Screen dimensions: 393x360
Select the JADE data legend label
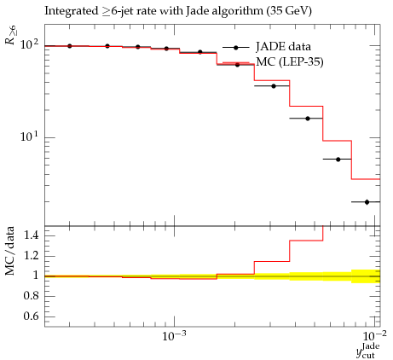283,47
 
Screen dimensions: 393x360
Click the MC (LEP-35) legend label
290,61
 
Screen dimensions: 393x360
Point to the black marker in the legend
236,48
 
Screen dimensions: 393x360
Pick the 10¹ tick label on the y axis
29,136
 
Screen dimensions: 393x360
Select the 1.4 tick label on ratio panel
31,235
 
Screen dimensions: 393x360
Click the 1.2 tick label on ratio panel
31,256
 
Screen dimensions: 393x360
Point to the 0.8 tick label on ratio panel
31,296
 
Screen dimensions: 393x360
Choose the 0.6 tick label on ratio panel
31,316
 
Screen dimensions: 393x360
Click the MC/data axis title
9,251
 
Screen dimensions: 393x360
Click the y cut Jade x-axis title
368,351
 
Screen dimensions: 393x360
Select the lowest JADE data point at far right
367,202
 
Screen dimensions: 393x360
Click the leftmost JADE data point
70,46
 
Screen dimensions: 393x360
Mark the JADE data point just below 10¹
338,160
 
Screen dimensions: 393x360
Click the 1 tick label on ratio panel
36,276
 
